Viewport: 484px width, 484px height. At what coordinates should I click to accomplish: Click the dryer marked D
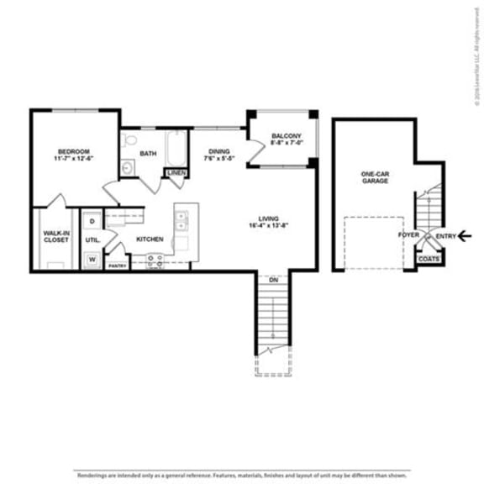pyautogui.click(x=92, y=220)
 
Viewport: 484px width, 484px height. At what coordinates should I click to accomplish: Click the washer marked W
pyautogui.click(x=92, y=259)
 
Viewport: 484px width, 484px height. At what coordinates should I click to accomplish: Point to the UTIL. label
pyautogui.click(x=92, y=239)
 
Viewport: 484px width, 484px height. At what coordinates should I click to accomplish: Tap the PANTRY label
pyautogui.click(x=117, y=266)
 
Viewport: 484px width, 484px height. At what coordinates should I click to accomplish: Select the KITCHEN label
pyautogui.click(x=150, y=239)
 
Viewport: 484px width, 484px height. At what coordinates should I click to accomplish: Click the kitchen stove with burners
pyautogui.click(x=155, y=263)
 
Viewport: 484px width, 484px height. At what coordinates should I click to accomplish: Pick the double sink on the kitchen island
pyautogui.click(x=181, y=221)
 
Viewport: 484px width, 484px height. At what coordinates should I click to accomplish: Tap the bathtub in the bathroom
pyautogui.click(x=176, y=150)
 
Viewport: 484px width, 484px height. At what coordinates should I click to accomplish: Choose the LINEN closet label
pyautogui.click(x=176, y=173)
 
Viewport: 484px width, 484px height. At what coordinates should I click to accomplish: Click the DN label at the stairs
pyautogui.click(x=273, y=279)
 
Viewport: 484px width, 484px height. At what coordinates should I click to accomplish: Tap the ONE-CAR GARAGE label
pyautogui.click(x=375, y=176)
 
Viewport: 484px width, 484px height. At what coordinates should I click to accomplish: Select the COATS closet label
pyautogui.click(x=429, y=260)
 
